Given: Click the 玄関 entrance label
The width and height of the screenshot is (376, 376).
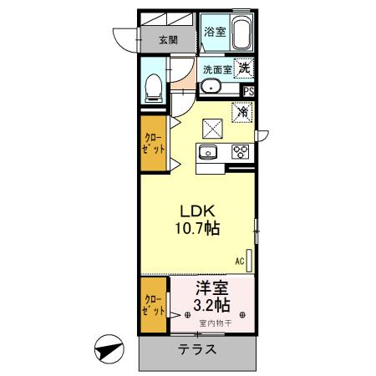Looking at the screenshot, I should coord(168,39).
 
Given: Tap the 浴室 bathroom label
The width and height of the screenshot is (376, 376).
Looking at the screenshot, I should coord(214,32).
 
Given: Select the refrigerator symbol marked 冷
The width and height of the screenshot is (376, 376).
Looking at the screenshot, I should coord(243,111).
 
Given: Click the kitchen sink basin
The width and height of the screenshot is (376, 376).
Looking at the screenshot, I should coord(208,151).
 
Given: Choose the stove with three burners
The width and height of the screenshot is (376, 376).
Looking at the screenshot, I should coord(241,151).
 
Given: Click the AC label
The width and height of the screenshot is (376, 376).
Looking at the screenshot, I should coord(240,261).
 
